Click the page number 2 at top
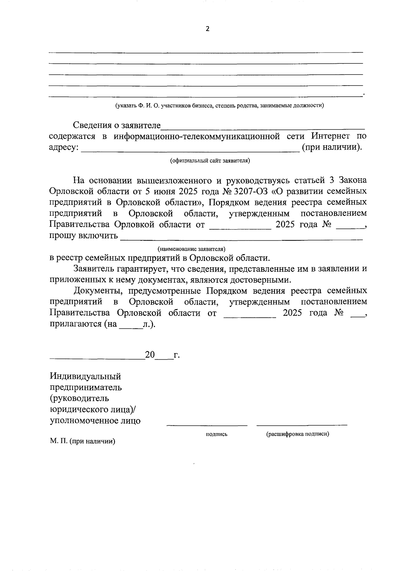(207, 29)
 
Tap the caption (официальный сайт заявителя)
(210, 160)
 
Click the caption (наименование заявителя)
(191, 249)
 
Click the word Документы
(96, 291)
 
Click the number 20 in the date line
(150, 355)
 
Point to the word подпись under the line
(216, 434)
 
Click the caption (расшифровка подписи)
(297, 434)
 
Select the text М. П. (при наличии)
(82, 441)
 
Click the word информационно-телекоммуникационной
(197, 136)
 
